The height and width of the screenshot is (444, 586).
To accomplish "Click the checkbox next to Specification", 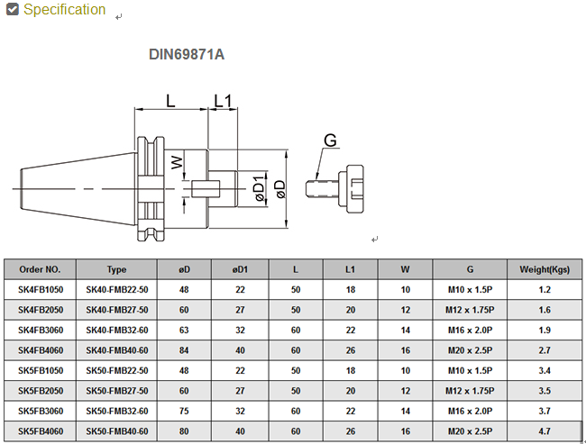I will [12, 10].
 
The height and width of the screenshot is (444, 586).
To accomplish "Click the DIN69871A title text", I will [187, 54].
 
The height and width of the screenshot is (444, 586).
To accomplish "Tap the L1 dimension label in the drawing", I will [223, 100].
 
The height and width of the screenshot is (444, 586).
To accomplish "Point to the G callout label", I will [330, 140].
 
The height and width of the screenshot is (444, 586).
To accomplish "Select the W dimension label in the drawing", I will [177, 163].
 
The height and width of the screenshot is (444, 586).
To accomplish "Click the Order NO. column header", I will [40, 269].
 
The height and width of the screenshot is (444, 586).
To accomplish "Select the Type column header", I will [116, 269].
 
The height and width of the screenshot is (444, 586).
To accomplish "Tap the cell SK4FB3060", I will [40, 329].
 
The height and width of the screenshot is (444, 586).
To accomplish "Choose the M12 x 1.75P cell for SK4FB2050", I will [471, 309].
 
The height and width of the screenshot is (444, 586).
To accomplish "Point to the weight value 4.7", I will [545, 431].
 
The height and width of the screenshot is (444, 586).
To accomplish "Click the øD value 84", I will [184, 349].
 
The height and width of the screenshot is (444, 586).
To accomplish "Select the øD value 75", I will [184, 412].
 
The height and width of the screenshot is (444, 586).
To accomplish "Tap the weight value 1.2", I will [545, 289].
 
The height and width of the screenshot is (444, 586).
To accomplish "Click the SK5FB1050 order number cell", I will [40, 370].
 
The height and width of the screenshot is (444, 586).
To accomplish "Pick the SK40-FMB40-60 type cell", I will [116, 349].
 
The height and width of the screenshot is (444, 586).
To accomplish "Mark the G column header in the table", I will [471, 269].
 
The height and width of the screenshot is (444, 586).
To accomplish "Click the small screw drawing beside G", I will [338, 187].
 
